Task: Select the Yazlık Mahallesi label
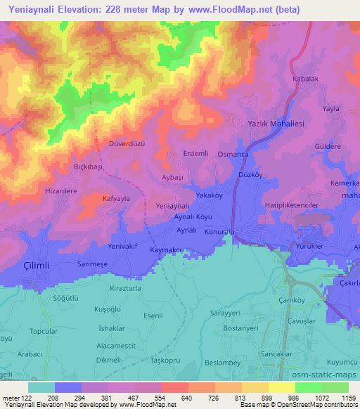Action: click(276, 123)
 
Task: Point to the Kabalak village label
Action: click(305, 79)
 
